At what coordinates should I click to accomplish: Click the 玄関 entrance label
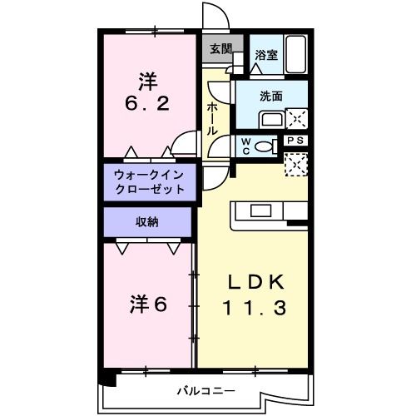[x=220, y=49]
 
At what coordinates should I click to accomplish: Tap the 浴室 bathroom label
[x=266, y=56]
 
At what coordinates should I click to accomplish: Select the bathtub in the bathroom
[x=297, y=54]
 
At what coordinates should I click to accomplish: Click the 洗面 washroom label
[x=272, y=96]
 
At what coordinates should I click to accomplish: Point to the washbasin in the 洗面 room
[x=271, y=117]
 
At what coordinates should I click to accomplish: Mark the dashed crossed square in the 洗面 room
[x=297, y=117]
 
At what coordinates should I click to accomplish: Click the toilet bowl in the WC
[x=265, y=146]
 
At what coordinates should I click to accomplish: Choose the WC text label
[x=245, y=146]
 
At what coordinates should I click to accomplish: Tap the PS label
[x=297, y=141]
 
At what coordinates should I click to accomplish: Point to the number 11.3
[x=255, y=309]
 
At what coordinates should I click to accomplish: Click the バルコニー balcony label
[x=206, y=389]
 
